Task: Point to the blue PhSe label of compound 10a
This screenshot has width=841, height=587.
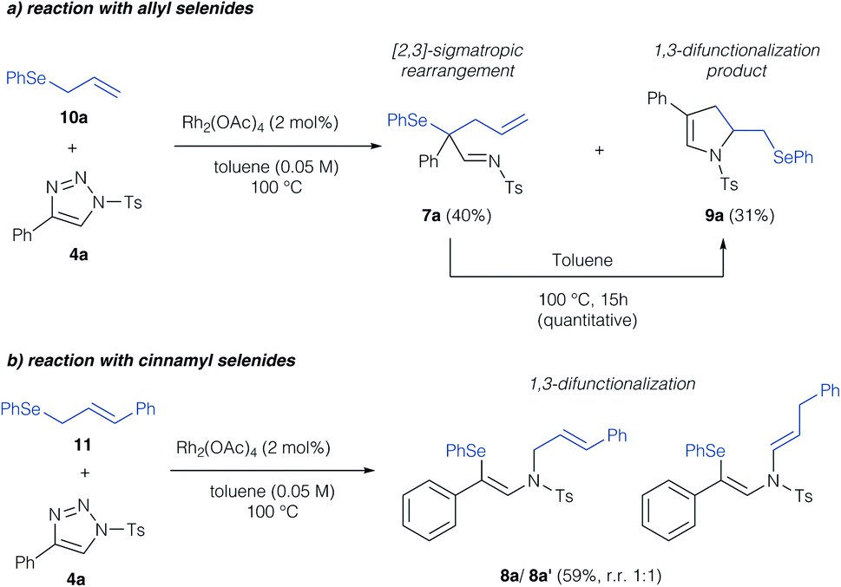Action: point(26,79)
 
